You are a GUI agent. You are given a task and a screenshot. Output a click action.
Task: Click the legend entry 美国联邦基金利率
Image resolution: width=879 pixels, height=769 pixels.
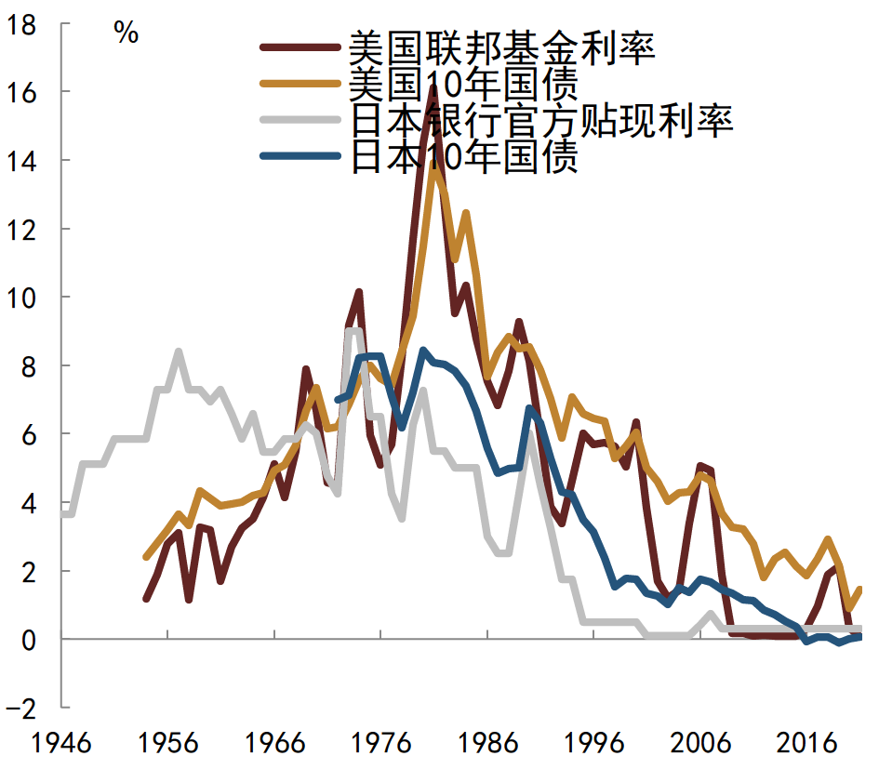pos(502,46)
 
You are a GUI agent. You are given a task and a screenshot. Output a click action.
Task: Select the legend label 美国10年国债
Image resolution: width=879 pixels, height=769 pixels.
pos(464,84)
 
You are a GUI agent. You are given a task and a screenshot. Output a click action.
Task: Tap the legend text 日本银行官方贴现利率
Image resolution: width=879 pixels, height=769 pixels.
pos(542,121)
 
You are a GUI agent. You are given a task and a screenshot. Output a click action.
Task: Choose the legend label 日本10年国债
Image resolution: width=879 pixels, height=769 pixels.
pos(464,158)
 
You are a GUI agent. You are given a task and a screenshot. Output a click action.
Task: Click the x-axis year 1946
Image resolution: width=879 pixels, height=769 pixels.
pos(61,745)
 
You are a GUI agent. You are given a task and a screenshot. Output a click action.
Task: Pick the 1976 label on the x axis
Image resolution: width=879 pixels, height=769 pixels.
pos(382,745)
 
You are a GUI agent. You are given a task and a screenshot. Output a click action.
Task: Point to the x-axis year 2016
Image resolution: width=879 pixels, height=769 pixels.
pos(808,745)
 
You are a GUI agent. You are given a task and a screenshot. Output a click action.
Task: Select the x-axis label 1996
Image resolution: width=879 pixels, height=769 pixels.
pos(595,745)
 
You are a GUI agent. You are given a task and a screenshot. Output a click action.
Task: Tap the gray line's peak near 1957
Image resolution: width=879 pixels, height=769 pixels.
pos(178,351)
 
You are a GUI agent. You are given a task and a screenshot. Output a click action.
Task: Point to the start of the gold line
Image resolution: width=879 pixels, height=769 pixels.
pos(146,557)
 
